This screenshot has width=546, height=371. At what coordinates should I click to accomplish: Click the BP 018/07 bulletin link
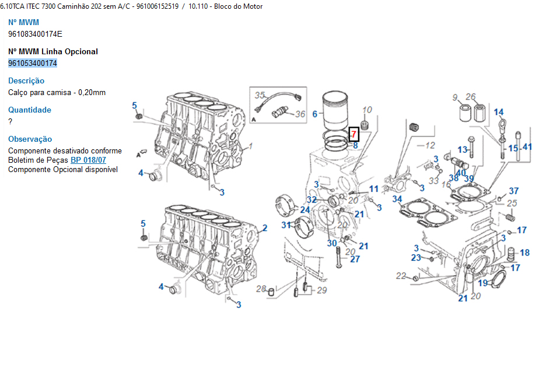(x=88, y=160)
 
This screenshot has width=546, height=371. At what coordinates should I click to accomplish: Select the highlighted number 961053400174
(x=33, y=63)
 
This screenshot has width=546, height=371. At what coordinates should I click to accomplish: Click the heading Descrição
(x=26, y=81)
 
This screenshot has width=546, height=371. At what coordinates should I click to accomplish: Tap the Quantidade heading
(x=30, y=110)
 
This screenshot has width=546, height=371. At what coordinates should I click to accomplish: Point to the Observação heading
(x=30, y=139)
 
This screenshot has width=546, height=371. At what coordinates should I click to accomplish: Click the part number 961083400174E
(x=35, y=34)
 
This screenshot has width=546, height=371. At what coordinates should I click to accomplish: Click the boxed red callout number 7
(x=353, y=134)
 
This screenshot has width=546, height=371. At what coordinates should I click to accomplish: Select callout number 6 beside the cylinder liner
(x=314, y=114)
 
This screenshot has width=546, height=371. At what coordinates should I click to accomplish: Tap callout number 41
(x=527, y=147)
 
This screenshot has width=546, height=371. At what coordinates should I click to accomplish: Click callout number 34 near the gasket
(x=397, y=199)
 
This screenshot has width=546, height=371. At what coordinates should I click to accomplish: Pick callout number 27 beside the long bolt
(x=355, y=259)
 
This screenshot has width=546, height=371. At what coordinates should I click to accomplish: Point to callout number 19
(x=482, y=283)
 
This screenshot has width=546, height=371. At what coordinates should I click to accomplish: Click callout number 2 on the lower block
(x=264, y=228)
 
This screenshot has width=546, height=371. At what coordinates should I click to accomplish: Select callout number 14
(x=499, y=112)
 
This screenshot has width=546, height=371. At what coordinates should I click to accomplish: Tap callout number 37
(x=514, y=191)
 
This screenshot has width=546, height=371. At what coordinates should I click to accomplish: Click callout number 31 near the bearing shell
(x=286, y=225)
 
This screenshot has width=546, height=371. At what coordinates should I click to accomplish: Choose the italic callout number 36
(x=300, y=114)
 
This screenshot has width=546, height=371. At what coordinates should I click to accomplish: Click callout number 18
(x=525, y=253)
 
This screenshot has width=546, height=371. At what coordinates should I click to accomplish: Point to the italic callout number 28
(x=261, y=288)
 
